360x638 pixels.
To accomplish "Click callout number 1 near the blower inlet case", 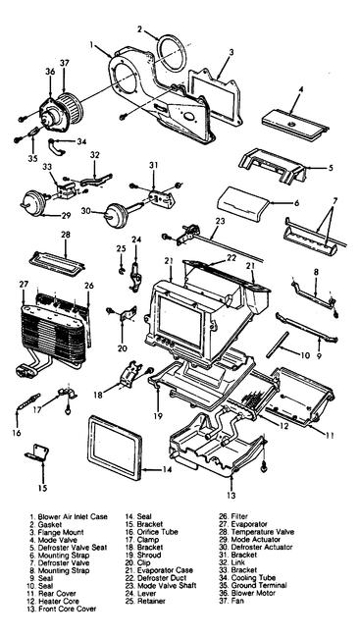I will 93,43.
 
